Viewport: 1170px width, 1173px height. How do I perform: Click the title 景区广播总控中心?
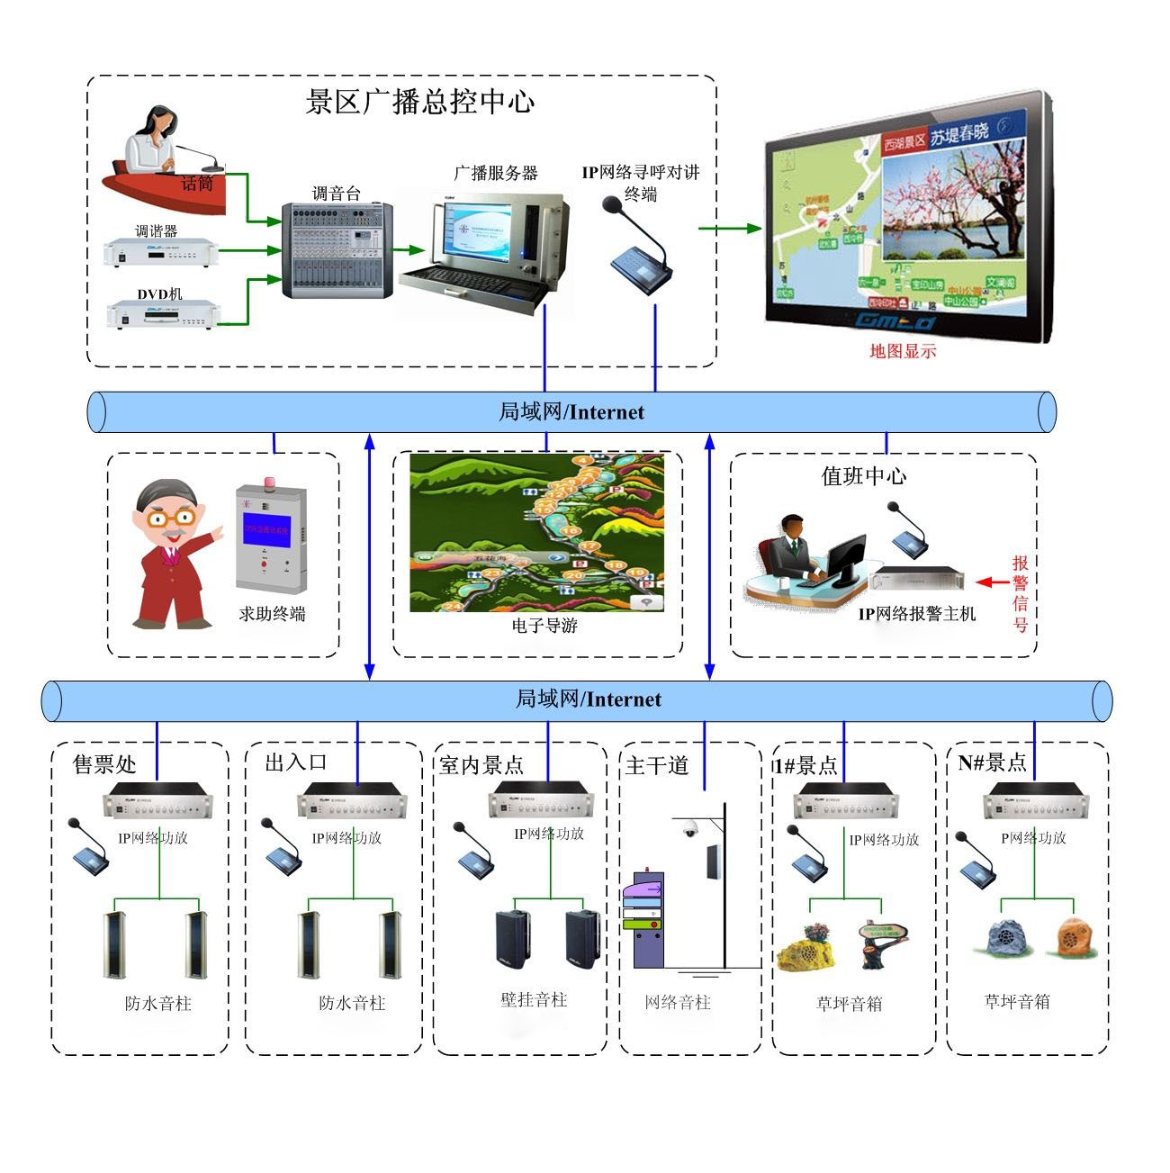pyautogui.click(x=420, y=102)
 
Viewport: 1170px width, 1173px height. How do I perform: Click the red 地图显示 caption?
pyautogui.click(x=903, y=351)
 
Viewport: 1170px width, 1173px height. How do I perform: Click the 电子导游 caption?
pyautogui.click(x=544, y=625)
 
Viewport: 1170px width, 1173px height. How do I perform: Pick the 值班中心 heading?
pyautogui.click(x=863, y=476)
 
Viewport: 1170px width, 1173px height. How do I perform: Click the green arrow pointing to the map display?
pyautogui.click(x=729, y=229)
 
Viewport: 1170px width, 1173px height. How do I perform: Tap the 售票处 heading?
pyautogui.click(x=104, y=764)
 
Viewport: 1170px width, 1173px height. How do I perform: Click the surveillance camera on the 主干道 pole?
pyautogui.click(x=690, y=829)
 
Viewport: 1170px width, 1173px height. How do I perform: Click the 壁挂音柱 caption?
pyautogui.click(x=534, y=999)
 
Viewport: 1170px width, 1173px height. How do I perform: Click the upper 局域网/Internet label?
pyautogui.click(x=571, y=412)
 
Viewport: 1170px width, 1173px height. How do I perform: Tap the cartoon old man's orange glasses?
pyautogui.click(x=172, y=518)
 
